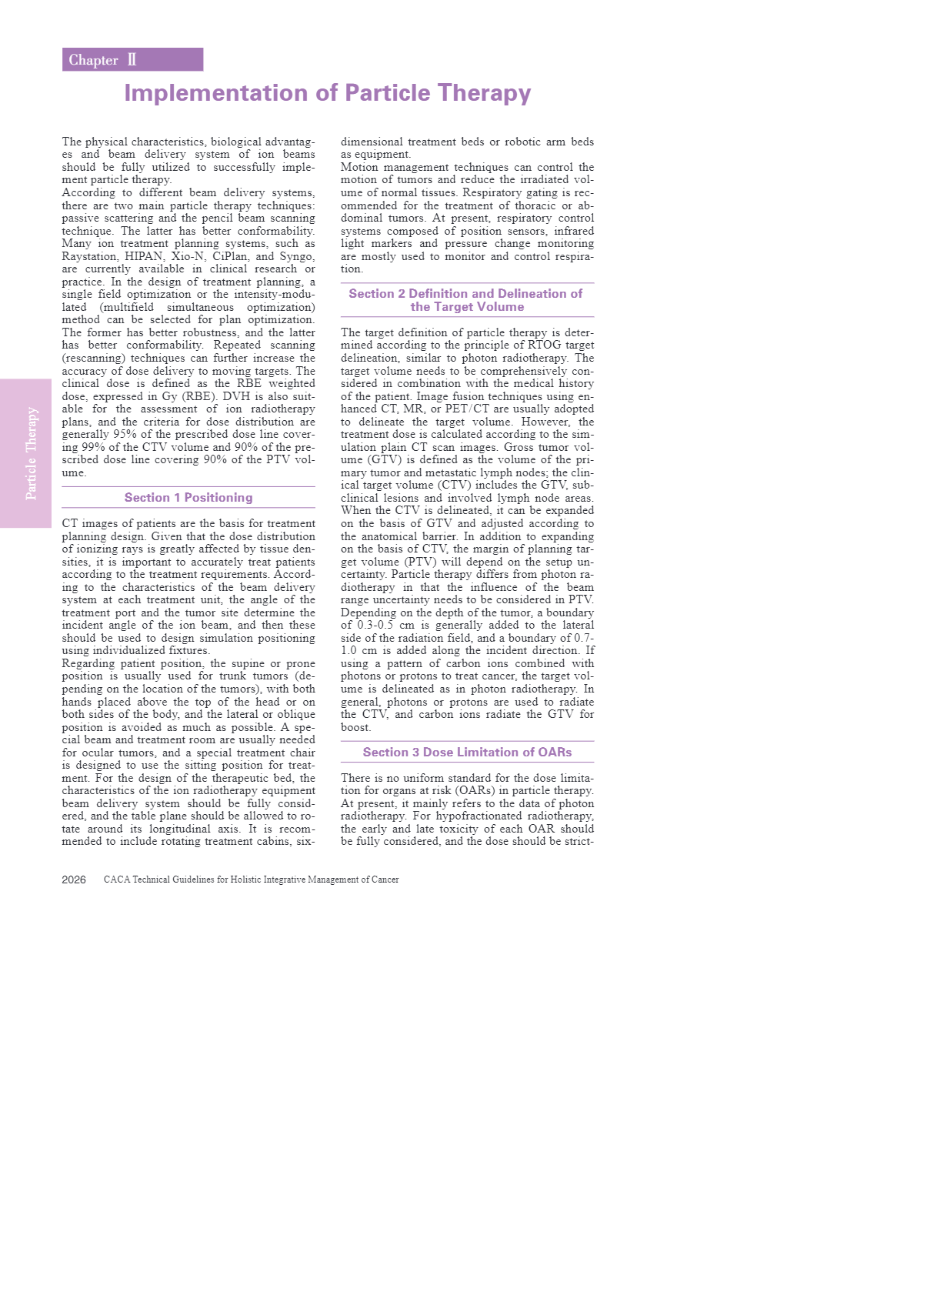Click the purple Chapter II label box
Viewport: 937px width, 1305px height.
click(x=132, y=60)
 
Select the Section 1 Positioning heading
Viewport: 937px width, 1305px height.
click(x=188, y=498)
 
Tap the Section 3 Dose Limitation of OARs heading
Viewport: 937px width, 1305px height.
click(x=467, y=753)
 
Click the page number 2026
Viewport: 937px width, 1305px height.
click(x=74, y=879)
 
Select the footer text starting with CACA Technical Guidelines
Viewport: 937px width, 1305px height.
click(x=251, y=879)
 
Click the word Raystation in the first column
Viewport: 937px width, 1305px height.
click(x=89, y=256)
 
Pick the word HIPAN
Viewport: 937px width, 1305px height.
click(x=144, y=256)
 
